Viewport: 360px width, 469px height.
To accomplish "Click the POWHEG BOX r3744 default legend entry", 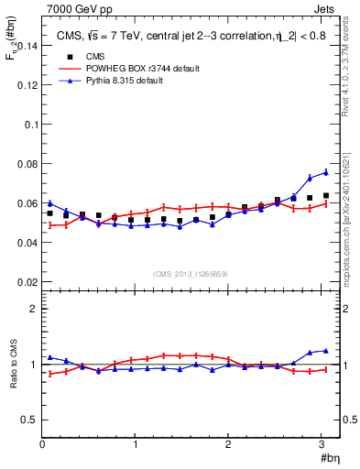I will [x=138, y=69].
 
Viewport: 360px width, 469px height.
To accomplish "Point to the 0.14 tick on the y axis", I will [x=27, y=45].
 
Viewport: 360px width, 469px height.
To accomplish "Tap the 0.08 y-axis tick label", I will [x=27, y=164].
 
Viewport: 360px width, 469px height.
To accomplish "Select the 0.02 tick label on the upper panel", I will [x=27, y=282].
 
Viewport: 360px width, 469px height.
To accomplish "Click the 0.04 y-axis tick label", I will [x=27, y=243].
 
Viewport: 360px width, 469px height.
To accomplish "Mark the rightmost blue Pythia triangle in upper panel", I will [x=325, y=172].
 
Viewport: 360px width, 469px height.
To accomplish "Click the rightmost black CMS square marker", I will [x=325, y=195].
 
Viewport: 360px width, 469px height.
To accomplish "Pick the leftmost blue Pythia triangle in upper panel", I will [x=50, y=203].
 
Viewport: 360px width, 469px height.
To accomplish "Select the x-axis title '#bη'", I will [x=329, y=458].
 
